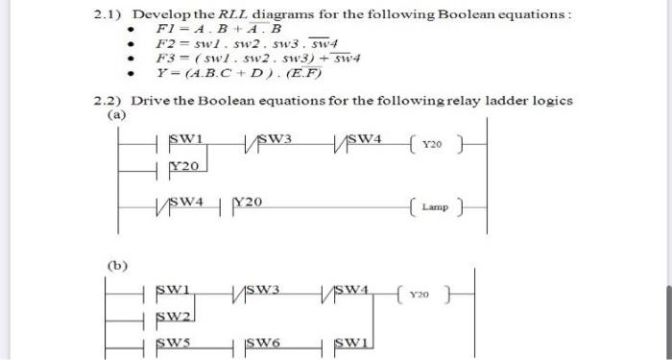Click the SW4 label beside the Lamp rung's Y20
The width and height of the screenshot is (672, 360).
coord(187,203)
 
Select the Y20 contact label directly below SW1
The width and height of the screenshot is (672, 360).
coord(183,165)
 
